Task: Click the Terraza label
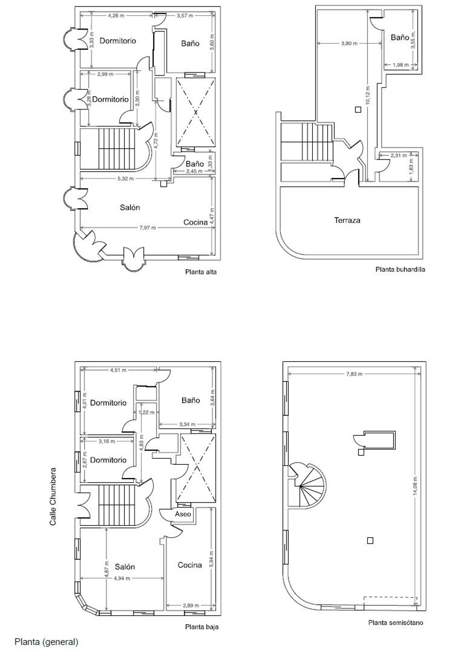[347, 220]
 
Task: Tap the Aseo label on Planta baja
[183, 514]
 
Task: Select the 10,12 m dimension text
[368, 96]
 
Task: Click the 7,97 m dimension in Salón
[148, 228]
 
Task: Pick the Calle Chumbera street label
[53, 496]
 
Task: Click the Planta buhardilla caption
[400, 269]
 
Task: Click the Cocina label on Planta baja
[190, 565]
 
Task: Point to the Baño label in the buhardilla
[400, 37]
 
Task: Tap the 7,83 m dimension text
[354, 374]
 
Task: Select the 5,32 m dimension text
[126, 178]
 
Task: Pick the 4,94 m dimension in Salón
[122, 578]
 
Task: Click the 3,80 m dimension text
[349, 43]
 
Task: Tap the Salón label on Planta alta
[130, 208]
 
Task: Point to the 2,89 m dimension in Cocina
[191, 605]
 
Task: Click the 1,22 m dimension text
[147, 412]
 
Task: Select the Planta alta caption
[201, 272]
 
